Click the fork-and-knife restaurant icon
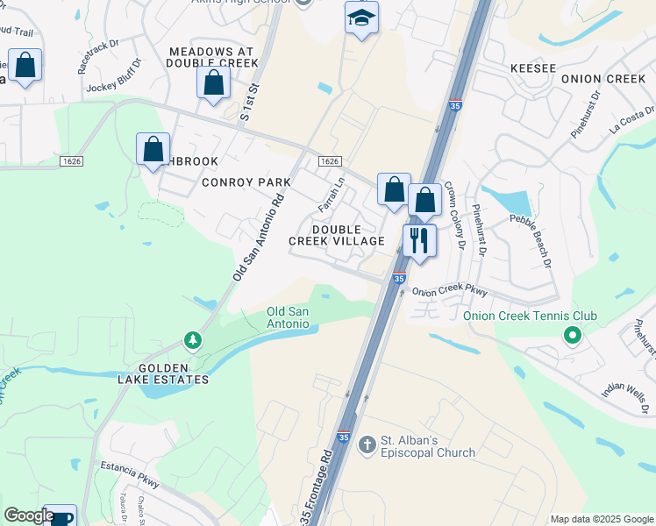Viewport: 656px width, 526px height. (420, 240)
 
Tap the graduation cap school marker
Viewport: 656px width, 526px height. (361, 18)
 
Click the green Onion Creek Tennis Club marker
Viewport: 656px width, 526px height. (573, 335)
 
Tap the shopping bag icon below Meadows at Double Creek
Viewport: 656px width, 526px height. (213, 84)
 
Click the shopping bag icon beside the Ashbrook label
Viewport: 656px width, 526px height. (153, 148)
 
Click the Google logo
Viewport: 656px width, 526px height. (29, 515)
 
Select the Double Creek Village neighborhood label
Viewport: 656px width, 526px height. (337, 235)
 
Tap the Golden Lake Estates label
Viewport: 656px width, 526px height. (163, 373)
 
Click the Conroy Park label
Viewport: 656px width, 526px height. (246, 182)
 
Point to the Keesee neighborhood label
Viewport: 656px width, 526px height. (533, 68)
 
